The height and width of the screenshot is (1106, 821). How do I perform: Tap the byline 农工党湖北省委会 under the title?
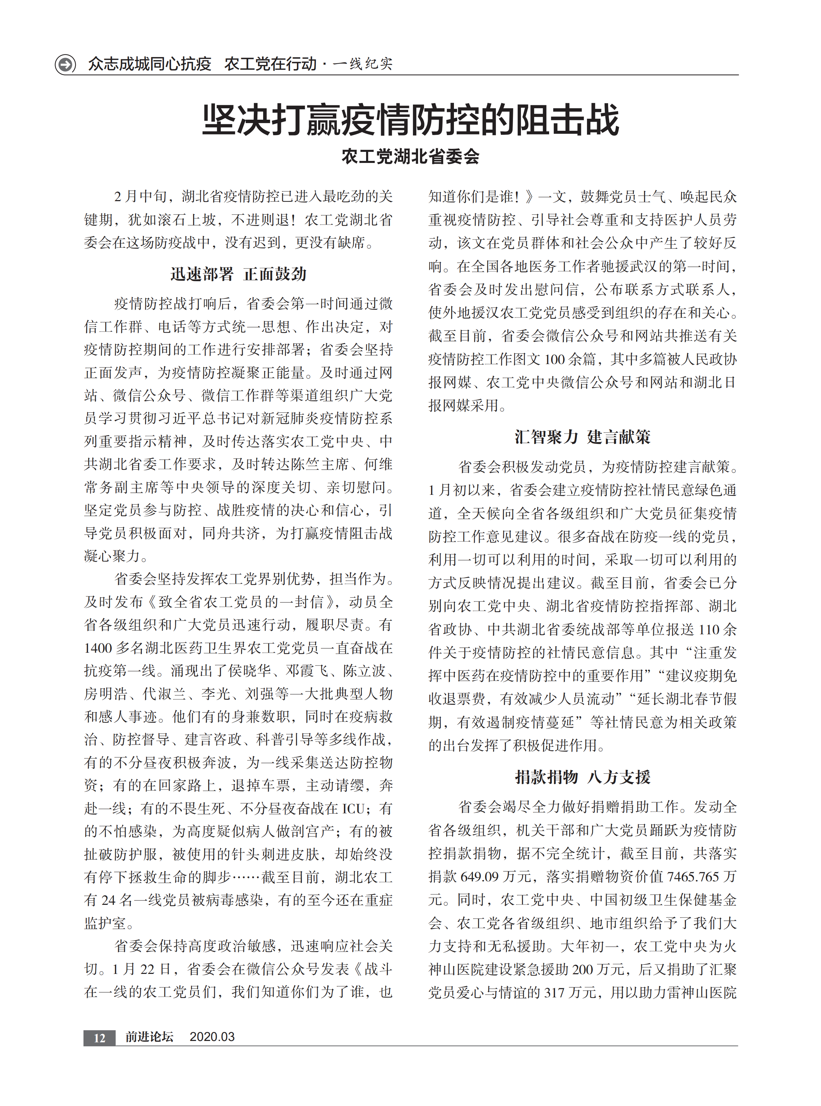[410, 157]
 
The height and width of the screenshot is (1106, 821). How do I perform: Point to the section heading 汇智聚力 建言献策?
[582, 437]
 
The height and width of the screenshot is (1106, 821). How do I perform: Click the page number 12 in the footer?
[99, 1037]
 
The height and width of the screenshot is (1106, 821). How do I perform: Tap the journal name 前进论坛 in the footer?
[149, 1037]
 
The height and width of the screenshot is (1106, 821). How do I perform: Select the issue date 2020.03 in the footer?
[212, 1037]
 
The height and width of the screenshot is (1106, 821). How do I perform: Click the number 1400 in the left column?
[99, 648]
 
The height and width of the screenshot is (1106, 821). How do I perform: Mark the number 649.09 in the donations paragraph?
[480, 877]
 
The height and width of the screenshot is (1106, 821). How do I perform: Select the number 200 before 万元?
[583, 969]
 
